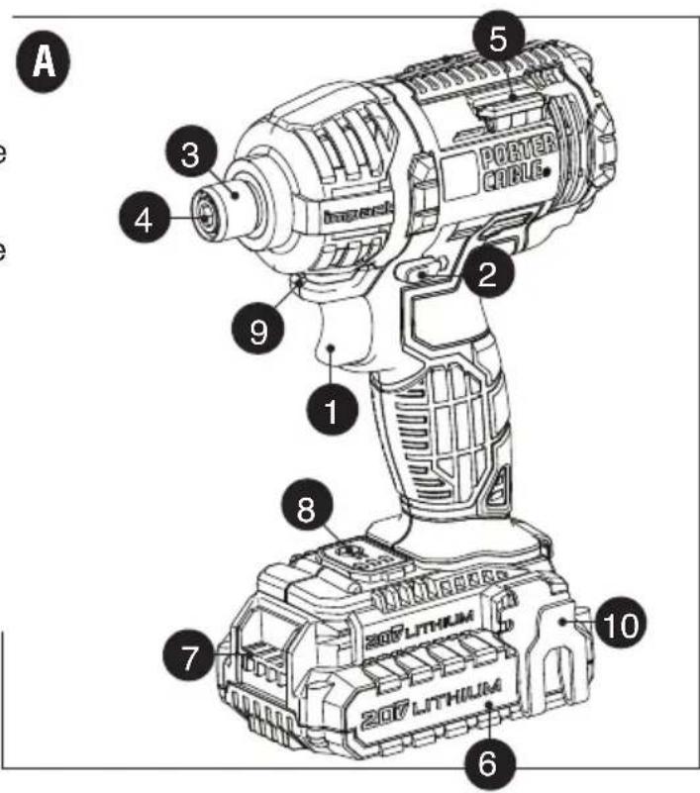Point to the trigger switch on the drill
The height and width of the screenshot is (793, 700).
[x=338, y=351]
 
